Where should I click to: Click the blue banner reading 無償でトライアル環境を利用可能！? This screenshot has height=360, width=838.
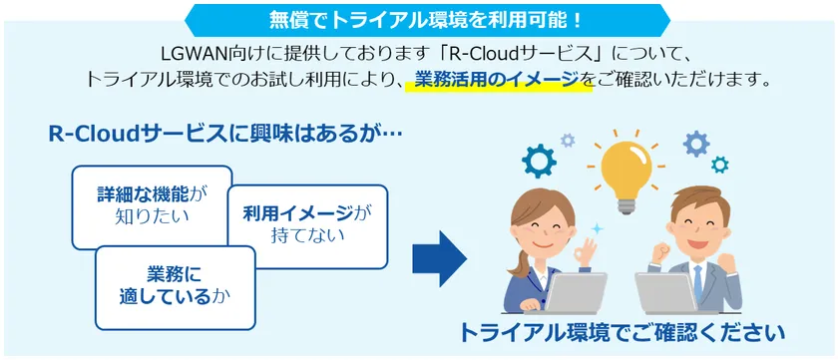(427, 20)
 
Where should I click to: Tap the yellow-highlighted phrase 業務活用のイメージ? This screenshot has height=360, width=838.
(497, 80)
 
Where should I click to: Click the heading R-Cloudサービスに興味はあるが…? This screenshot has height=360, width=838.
(225, 135)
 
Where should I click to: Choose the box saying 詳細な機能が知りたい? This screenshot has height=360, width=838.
(152, 207)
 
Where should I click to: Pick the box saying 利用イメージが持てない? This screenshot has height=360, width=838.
(307, 226)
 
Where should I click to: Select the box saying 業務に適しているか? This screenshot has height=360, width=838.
(176, 287)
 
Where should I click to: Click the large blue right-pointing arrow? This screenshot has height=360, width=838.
(439, 259)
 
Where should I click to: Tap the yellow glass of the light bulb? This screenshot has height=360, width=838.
(626, 168)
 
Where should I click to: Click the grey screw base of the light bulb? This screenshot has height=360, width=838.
(626, 205)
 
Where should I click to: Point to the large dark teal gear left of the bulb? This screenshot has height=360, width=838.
(539, 161)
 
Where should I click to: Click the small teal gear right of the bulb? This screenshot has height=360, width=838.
(720, 165)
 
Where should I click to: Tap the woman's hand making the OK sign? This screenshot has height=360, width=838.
(588, 252)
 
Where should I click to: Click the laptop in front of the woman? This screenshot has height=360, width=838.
(573, 293)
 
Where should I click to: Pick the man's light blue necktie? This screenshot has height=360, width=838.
(697, 282)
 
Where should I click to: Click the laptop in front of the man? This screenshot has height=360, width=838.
(670, 293)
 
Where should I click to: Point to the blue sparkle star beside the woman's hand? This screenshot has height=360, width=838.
(598, 229)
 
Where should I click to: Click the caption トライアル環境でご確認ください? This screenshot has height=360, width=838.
(623, 333)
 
